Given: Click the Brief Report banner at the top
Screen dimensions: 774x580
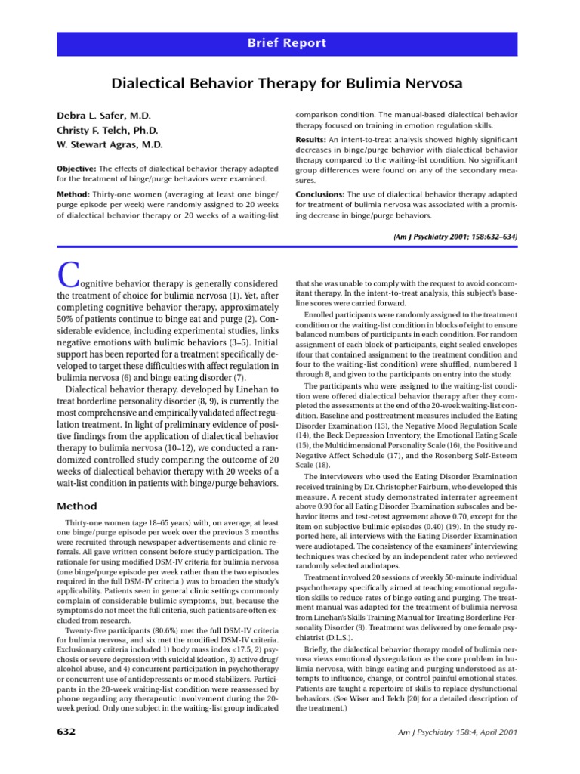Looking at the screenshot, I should pos(289,43).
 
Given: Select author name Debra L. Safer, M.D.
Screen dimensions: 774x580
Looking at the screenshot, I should pos(104,116).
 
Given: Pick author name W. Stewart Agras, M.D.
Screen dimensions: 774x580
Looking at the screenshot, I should pos(110,144).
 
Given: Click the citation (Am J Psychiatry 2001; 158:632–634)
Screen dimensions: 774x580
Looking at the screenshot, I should pos(455,237).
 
